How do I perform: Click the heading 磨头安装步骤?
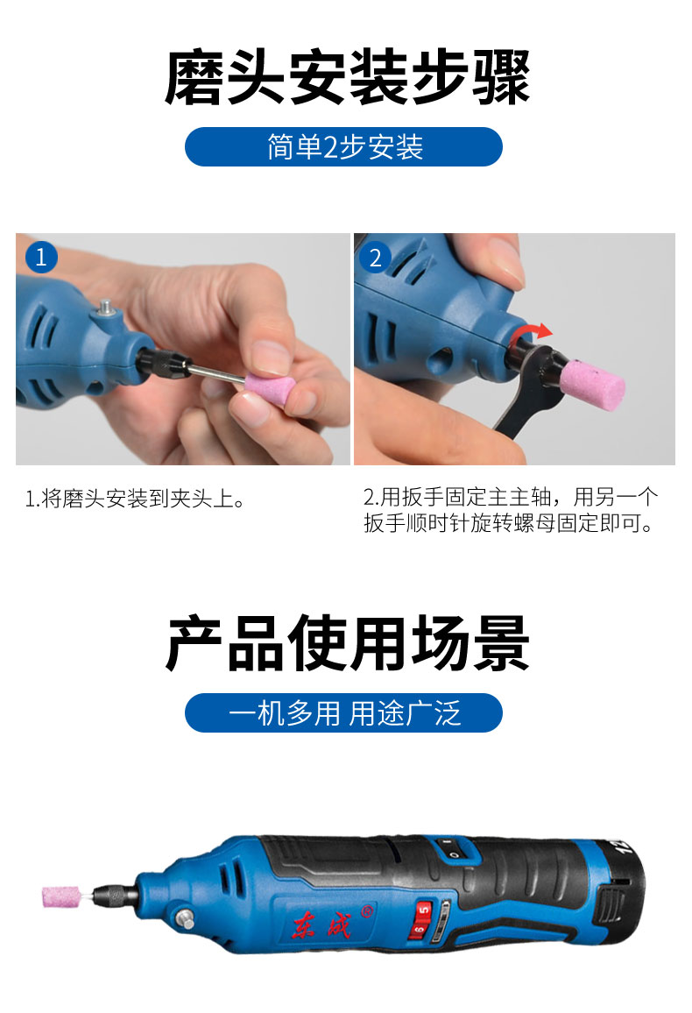coord(347,77)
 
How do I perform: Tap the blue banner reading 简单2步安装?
coord(343,146)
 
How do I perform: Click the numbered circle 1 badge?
coord(41,257)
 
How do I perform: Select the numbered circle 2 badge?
coord(375,258)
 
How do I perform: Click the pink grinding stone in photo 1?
coord(269,390)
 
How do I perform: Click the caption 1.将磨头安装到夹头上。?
coord(135,499)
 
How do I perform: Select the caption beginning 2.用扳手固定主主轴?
coord(511,510)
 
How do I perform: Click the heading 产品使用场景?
coord(347,643)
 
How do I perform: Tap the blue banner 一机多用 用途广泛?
coord(343,712)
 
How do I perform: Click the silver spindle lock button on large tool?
coord(186,918)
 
